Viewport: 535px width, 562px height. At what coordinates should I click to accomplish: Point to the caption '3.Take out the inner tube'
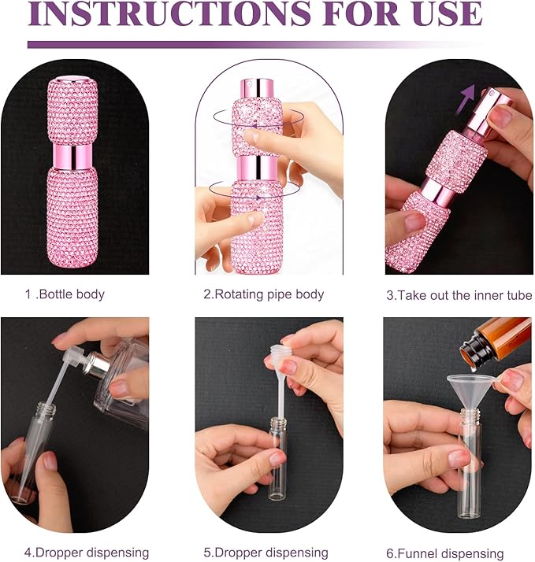click(459, 295)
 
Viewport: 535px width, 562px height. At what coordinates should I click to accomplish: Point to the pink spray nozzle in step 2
click(254, 85)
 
